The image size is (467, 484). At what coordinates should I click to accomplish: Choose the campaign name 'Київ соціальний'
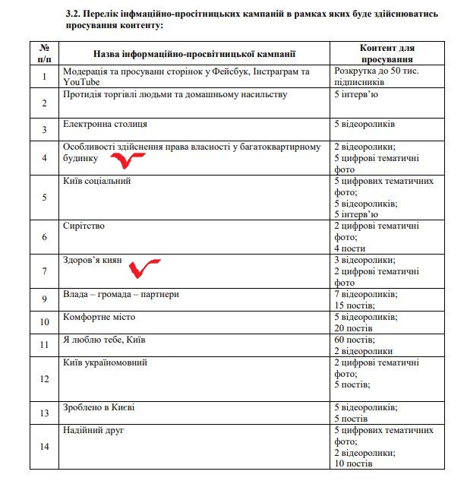coord(98,181)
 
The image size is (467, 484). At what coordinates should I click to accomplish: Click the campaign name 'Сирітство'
coord(84,226)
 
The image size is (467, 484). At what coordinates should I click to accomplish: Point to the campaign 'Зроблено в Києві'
coord(99,407)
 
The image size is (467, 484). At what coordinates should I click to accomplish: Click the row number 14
coord(45,446)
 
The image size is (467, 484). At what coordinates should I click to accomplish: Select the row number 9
coord(45,299)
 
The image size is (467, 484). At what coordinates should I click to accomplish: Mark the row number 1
coord(45,76)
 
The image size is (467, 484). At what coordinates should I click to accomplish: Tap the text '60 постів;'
coord(354,340)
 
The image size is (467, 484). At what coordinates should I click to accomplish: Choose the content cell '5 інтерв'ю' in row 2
coord(357,94)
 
